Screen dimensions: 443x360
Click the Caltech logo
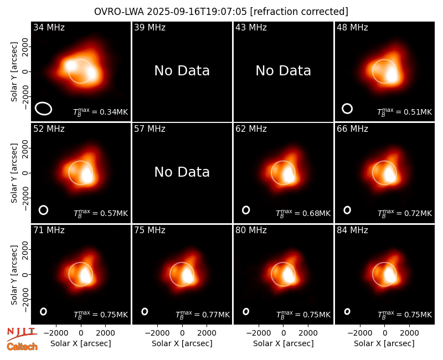tap(22, 347)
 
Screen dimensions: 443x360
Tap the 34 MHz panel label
tap(49, 27)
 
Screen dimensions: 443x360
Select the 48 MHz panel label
tap(352, 27)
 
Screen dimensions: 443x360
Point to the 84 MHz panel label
tap(352, 230)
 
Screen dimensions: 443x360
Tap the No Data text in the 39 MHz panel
tap(182, 71)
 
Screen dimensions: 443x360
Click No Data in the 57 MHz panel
tap(182, 172)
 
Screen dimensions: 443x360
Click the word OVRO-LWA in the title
tap(119, 12)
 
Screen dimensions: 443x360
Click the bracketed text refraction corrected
tap(299, 12)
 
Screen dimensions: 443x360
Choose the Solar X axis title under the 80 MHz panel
tap(283, 343)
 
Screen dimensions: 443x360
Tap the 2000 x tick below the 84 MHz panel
tap(409, 333)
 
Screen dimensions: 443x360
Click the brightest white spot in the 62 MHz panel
tap(289, 175)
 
